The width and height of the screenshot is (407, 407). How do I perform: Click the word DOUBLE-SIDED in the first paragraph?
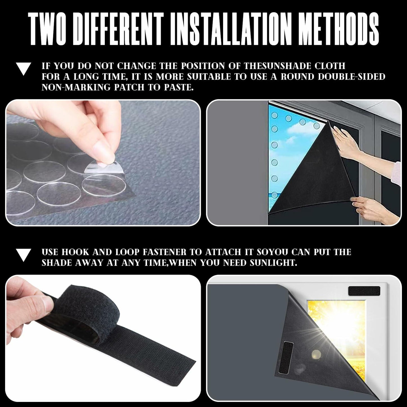(352, 77)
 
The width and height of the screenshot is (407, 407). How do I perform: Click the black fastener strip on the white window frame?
(364, 291)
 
